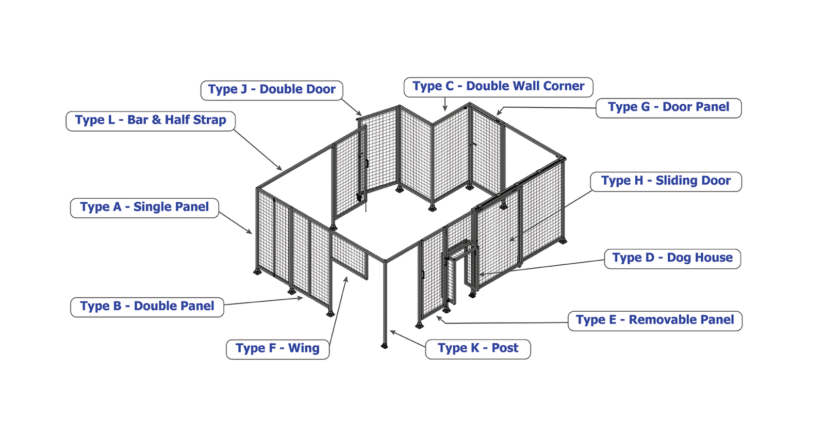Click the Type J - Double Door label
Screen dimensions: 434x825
coord(272,90)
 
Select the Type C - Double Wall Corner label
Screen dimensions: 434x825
coord(498,87)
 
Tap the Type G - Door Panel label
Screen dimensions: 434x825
coord(668,108)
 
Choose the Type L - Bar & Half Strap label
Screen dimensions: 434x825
coord(151,121)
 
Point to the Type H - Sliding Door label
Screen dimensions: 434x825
coord(666,181)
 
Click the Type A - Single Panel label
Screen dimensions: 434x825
coord(144,207)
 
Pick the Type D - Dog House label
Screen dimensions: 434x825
coord(672,258)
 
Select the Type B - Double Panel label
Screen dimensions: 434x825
coord(147,307)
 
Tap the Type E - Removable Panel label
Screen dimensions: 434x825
coord(655,320)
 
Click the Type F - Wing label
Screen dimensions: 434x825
coord(277,349)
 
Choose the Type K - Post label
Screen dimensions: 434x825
coord(478,349)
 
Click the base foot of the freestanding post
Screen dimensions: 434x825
coord(384,345)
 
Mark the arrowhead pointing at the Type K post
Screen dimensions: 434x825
coord(392,332)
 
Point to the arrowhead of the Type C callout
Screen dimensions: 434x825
coord(445,109)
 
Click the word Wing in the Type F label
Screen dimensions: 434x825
coord(304,349)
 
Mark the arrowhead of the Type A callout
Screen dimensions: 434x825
coord(250,232)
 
